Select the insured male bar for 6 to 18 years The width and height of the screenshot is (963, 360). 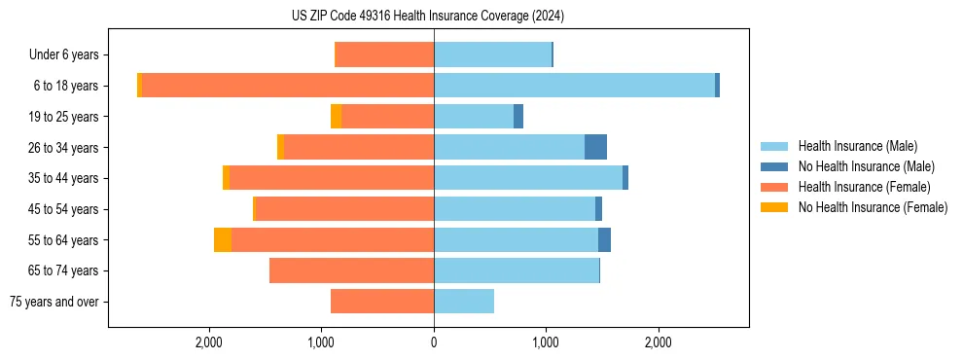coord(574,86)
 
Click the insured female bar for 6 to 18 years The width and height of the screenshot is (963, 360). coord(288,86)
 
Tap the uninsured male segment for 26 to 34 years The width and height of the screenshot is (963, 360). coord(595,147)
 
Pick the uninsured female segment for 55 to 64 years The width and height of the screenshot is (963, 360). coord(223,239)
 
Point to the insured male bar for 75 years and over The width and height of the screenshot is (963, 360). coord(464,302)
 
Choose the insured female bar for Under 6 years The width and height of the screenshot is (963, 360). coord(384,54)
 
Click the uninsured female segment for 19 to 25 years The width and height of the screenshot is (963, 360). coord(337,117)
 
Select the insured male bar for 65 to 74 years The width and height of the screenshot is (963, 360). coord(517,270)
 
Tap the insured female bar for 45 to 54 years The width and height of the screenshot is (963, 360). coord(344,209)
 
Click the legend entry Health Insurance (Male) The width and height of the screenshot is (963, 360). coord(857,146)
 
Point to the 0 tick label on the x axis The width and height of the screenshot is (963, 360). coord(434,342)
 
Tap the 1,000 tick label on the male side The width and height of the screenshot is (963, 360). coord(546,342)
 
